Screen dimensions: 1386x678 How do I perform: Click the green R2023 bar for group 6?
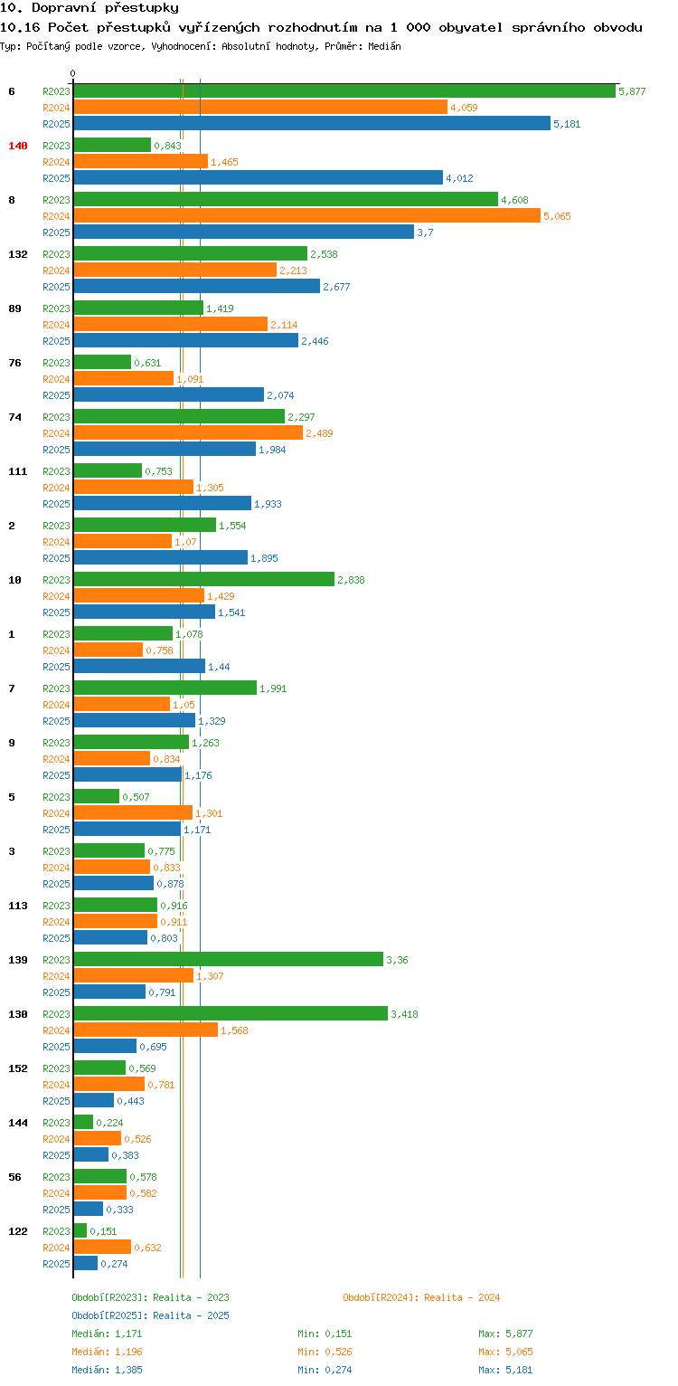(344, 90)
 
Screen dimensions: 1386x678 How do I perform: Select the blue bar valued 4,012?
(258, 177)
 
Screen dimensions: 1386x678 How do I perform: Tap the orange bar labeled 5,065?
(306, 215)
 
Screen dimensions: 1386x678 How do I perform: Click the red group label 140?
(18, 146)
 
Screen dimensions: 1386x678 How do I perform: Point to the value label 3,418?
(404, 1014)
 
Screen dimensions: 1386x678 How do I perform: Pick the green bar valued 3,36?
(228, 959)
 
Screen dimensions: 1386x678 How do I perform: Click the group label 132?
(18, 254)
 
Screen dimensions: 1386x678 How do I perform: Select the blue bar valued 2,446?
(185, 340)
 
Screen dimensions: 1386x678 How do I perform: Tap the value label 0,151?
(103, 1231)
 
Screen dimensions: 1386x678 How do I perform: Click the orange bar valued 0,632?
(102, 1247)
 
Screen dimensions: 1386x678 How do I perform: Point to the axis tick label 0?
(73, 73)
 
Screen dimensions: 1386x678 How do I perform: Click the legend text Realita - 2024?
(462, 1297)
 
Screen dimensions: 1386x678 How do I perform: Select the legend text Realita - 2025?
(191, 1315)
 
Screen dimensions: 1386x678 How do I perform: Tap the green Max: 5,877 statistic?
(505, 1334)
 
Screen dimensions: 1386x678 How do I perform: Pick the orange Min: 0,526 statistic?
(325, 1352)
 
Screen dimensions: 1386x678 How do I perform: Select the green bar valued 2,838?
(203, 579)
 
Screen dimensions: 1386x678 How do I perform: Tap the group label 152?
(18, 1068)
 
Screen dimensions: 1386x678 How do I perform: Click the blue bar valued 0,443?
(93, 1100)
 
